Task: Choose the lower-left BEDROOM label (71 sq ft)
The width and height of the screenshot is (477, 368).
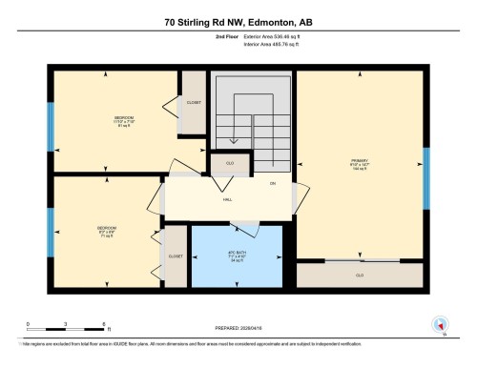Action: point(105,228)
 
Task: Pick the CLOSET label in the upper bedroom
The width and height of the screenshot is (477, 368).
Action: point(193,102)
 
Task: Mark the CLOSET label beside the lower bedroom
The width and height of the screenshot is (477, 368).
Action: point(176,256)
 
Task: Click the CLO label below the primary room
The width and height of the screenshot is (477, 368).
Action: point(359,275)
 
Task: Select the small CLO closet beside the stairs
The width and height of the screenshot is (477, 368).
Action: point(230,163)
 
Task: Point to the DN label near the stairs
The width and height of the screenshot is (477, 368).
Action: point(272,182)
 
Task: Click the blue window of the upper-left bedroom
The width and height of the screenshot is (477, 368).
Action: point(51,122)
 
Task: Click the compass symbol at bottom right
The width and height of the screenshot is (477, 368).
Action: point(440,324)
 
